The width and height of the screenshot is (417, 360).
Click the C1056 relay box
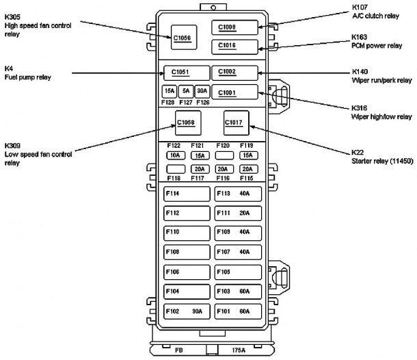(x=184, y=37)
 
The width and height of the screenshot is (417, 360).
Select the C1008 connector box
(x=234, y=27)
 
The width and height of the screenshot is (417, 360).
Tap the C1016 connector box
(x=234, y=47)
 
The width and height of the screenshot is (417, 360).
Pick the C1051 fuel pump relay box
(x=187, y=73)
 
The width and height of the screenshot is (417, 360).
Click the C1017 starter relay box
(x=236, y=123)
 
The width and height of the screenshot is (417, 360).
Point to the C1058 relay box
(x=188, y=123)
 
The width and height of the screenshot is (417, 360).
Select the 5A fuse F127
(x=186, y=92)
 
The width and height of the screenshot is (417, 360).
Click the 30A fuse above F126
(x=202, y=92)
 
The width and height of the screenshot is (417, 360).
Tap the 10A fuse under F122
(x=176, y=155)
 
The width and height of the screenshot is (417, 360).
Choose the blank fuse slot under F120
(x=224, y=155)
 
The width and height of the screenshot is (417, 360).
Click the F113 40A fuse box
(x=238, y=194)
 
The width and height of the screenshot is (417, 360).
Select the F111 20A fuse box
(x=238, y=214)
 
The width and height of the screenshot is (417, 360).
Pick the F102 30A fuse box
(x=187, y=311)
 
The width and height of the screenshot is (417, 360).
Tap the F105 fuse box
(x=238, y=272)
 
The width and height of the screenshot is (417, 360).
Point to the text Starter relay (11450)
(x=382, y=161)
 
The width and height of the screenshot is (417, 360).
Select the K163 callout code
(x=359, y=37)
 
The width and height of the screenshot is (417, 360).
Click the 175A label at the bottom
(x=239, y=350)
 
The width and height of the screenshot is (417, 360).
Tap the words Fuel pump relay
(x=27, y=77)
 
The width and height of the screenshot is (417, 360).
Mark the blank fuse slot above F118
(x=176, y=169)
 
